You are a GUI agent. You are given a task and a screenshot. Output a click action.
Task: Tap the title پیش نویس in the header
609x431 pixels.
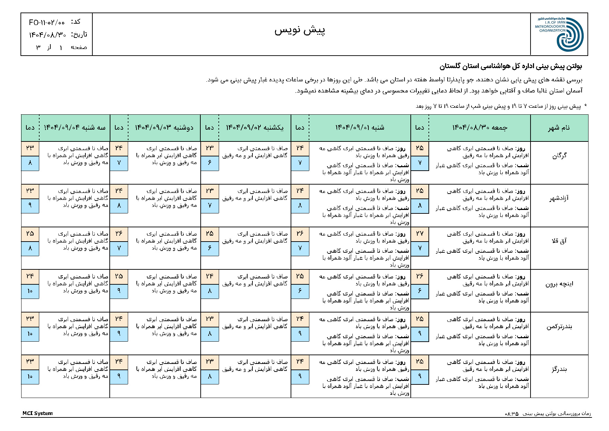[x=300, y=31]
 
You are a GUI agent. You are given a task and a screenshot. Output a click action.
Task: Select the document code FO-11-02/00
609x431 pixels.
[x=47, y=23]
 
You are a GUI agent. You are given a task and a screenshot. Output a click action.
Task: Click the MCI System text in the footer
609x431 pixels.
[x=37, y=413]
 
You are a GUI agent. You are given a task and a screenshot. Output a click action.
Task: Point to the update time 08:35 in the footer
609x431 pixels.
[x=511, y=414]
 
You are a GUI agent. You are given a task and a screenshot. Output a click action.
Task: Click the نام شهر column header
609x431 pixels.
[x=559, y=128]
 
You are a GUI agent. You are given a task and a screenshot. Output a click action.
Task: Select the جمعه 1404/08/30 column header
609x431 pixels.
[x=479, y=128]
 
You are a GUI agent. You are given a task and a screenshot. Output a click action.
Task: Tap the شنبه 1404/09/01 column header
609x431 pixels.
[x=360, y=128]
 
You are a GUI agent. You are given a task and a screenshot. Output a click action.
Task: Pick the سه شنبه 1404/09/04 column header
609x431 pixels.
[x=74, y=128]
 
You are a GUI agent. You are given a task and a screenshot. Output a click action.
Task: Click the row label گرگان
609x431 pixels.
[x=559, y=156]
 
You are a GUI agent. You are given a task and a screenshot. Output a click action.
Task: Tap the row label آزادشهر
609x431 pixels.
[x=559, y=198]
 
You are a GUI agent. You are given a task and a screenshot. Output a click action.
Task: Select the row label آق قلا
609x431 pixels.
[x=559, y=241]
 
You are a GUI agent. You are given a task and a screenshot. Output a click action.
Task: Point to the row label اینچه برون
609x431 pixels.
[x=559, y=284]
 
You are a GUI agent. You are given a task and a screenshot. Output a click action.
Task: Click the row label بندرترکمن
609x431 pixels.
[x=559, y=327]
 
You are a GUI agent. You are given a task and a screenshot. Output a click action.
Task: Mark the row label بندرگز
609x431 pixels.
[x=559, y=369]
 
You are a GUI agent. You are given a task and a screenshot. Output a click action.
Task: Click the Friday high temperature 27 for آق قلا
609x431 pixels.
[x=419, y=234]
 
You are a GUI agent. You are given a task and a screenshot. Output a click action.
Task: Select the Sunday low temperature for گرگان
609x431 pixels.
[x=209, y=163]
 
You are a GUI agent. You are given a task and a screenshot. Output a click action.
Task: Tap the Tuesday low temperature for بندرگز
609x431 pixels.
[x=30, y=376]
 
